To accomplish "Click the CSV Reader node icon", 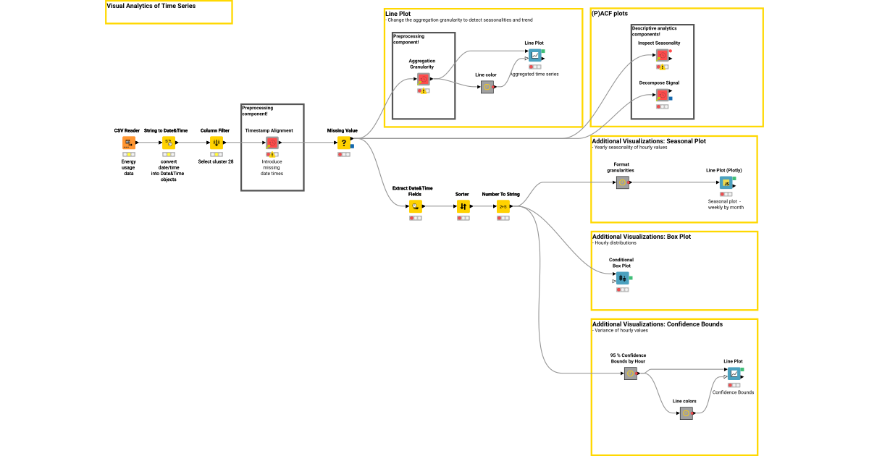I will tap(128, 143).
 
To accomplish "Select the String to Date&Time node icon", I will tap(168, 143).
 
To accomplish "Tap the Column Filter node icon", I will tap(216, 143).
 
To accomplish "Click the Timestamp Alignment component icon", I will tap(272, 143).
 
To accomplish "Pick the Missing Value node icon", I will tap(344, 143).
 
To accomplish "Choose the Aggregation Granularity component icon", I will tap(424, 80).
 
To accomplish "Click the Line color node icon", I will tap(487, 87).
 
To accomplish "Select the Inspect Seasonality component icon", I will tap(663, 56).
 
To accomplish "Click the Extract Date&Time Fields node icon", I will tap(416, 206).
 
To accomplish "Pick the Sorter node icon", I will tap(463, 206).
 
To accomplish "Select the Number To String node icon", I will tap(503, 206).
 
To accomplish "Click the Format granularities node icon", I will tap(622, 182).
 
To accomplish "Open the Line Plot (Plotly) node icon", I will tap(726, 182).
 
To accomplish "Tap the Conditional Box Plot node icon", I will tap(622, 277).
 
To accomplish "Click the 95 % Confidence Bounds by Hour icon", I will tap(630, 373).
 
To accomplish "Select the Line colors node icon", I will tap(687, 413).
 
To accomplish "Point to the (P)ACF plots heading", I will tap(610, 13).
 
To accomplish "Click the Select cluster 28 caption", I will tap(216, 161).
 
